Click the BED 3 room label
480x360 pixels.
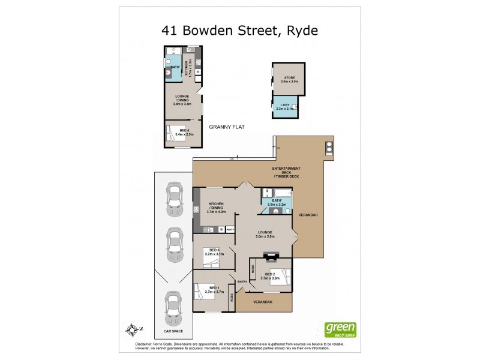[x=214, y=251]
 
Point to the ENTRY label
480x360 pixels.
[x=242, y=281]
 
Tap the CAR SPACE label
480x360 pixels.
[x=173, y=331]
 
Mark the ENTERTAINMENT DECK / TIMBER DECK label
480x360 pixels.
[x=286, y=172]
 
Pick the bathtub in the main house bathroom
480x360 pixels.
[x=282, y=193]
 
